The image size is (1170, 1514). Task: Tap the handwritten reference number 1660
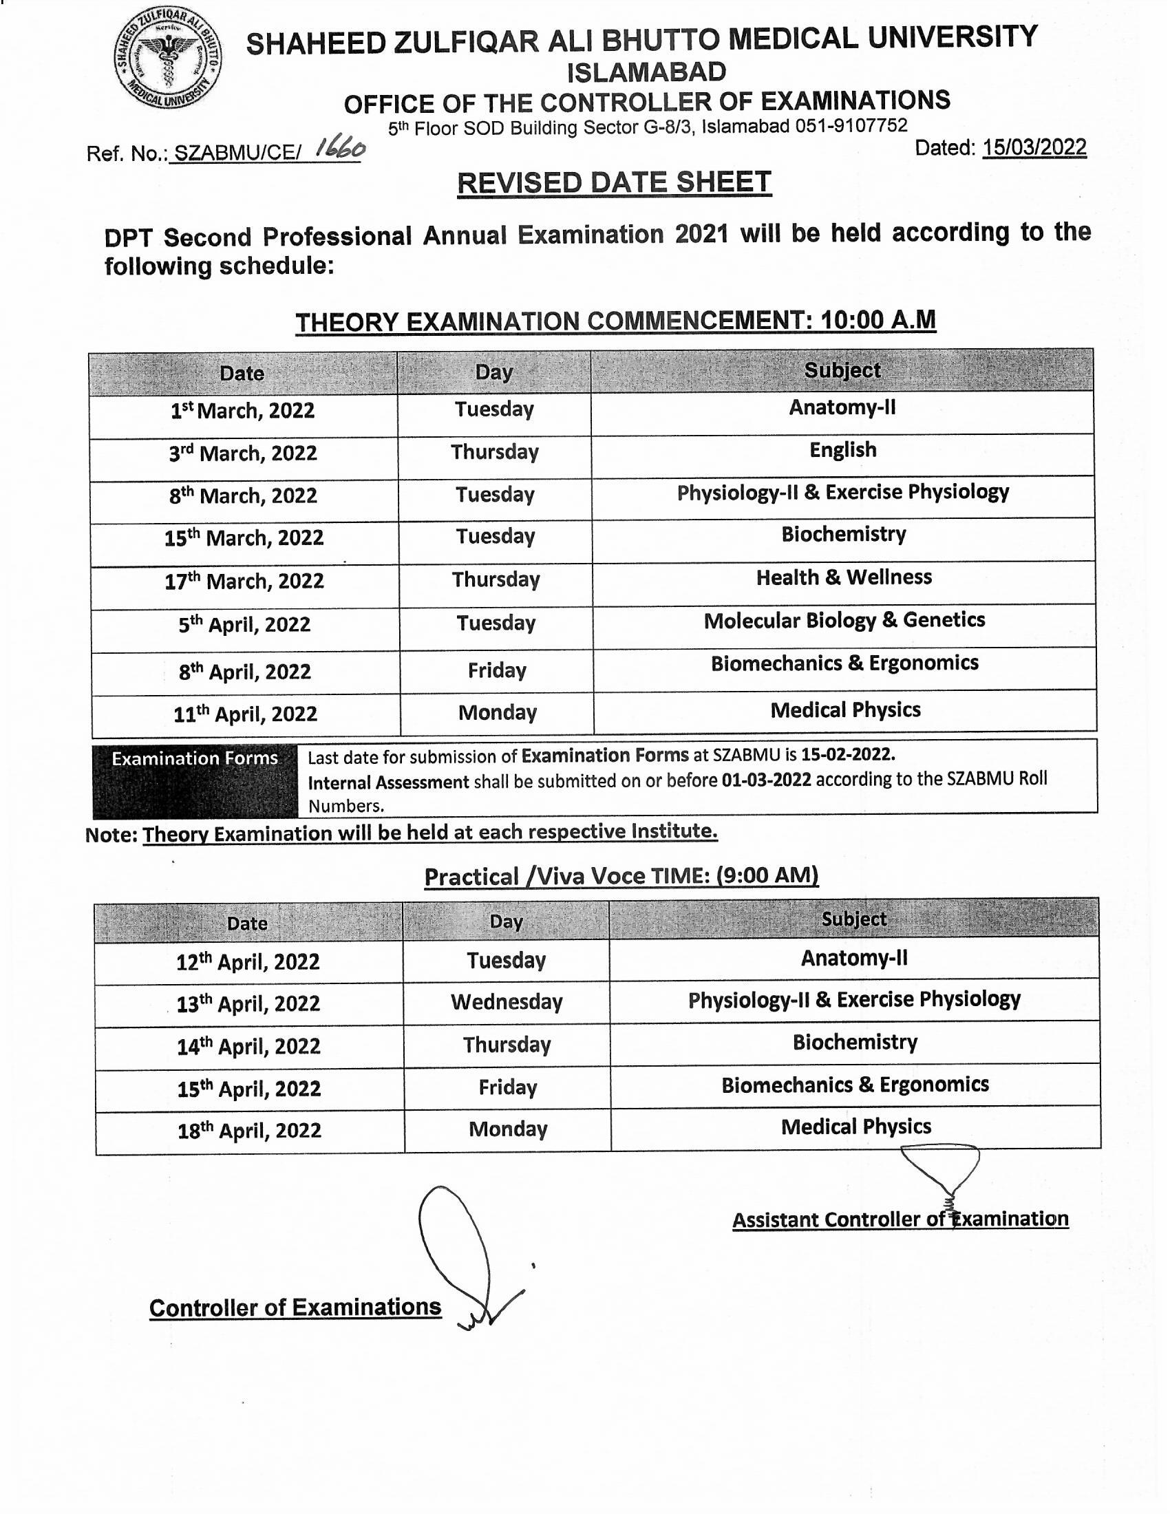tap(340, 148)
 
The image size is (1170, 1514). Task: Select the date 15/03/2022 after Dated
tap(1034, 148)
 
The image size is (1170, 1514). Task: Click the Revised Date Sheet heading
tap(614, 183)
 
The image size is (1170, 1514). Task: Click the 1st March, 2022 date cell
tap(242, 410)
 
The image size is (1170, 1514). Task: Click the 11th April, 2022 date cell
tap(246, 714)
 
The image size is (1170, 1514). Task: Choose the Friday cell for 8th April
tap(497, 670)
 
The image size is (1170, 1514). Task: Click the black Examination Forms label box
tap(195, 779)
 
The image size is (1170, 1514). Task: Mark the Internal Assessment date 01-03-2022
tap(766, 780)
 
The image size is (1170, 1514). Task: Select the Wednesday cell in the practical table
tap(507, 1003)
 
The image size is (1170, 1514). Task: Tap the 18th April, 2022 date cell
tap(250, 1131)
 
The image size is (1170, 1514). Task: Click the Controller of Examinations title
tap(295, 1308)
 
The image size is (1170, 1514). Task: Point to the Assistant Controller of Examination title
tap(900, 1219)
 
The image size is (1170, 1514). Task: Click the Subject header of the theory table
tap(842, 371)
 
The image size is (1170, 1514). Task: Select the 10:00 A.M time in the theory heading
tap(877, 320)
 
